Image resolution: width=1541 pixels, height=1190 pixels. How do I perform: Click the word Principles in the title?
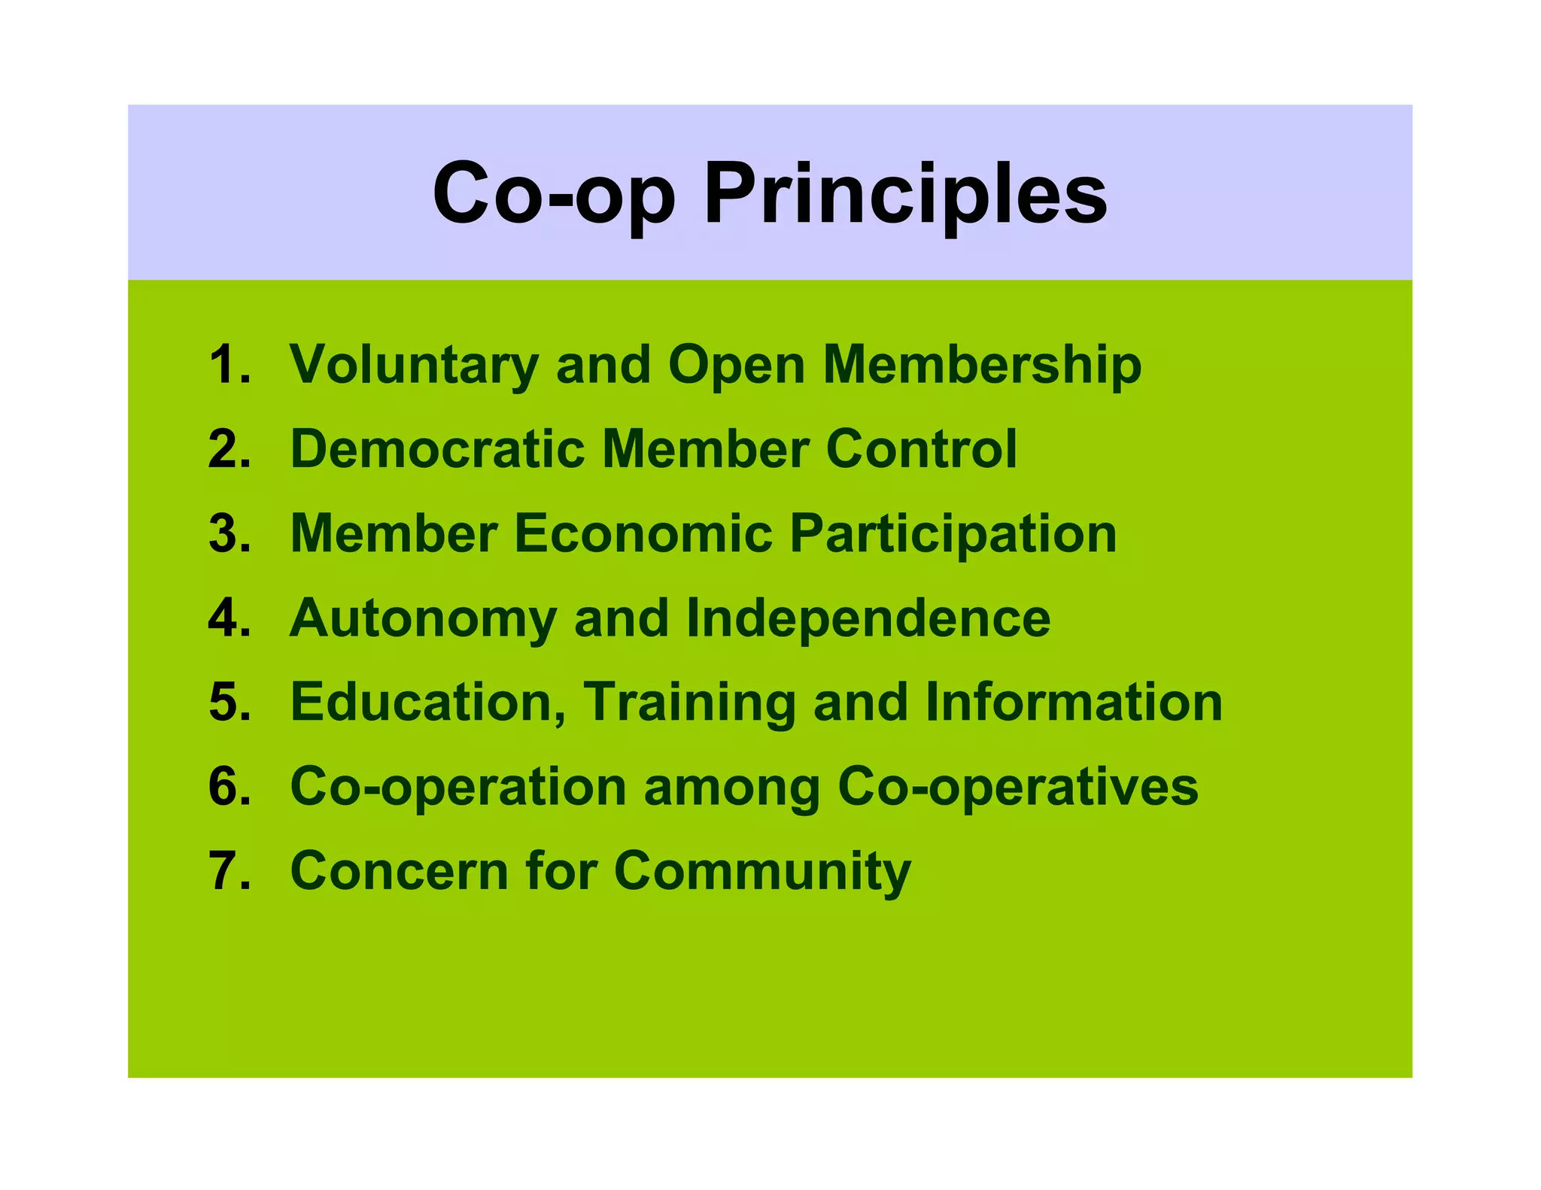coord(904,194)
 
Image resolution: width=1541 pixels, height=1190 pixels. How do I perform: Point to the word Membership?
coord(982,365)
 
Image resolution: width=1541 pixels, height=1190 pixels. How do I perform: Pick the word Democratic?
coord(437,449)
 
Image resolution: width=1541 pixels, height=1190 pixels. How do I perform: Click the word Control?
coord(921,449)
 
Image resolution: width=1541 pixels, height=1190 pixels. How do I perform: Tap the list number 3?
coord(229,533)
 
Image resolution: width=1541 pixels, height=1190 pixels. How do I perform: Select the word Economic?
coord(643,533)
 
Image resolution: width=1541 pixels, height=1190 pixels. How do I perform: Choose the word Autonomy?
coord(423,618)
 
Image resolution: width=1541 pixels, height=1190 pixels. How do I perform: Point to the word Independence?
coord(868,618)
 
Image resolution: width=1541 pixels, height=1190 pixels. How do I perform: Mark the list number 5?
coord(229,703)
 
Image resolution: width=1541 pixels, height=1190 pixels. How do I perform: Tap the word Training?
coord(689,703)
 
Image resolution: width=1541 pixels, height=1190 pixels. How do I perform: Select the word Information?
coord(1074,703)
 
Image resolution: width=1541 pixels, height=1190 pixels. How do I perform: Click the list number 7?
coord(229,871)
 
